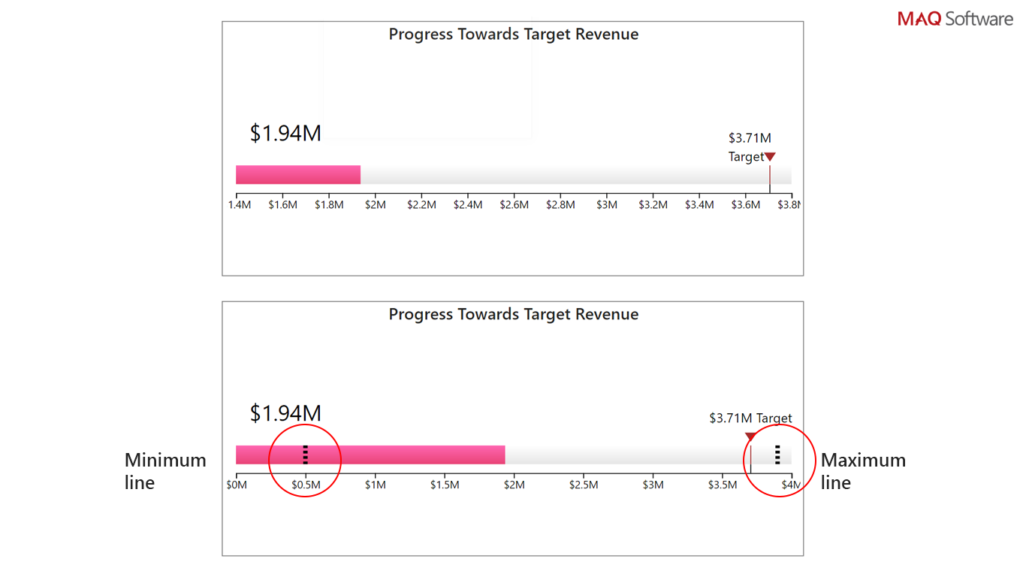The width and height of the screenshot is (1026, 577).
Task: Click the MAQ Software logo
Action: (x=955, y=19)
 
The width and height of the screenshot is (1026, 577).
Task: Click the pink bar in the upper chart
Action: (x=298, y=174)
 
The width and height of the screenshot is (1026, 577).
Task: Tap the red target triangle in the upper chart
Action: (x=770, y=157)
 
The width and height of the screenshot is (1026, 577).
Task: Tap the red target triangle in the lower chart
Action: (x=750, y=437)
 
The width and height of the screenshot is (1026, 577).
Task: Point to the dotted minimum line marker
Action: (x=305, y=455)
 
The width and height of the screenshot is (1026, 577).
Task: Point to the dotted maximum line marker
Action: (x=777, y=455)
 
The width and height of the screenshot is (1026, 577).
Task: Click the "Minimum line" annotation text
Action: (x=165, y=471)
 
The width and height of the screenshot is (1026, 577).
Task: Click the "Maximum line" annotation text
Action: (x=862, y=471)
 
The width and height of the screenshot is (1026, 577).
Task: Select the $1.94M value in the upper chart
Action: (x=285, y=133)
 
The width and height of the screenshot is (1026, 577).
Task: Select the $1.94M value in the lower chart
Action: (x=285, y=413)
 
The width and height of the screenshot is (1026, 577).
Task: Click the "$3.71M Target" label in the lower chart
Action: (x=750, y=418)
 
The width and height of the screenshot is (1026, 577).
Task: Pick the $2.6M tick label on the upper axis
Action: (x=515, y=205)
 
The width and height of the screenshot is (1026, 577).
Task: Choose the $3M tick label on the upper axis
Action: (x=607, y=205)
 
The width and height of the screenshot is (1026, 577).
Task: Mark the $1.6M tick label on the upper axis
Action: (x=282, y=205)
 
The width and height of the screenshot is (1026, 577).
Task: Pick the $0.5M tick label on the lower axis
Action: (x=306, y=485)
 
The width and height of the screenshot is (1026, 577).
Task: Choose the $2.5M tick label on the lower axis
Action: (x=584, y=485)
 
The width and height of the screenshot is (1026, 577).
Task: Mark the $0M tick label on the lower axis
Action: (x=237, y=485)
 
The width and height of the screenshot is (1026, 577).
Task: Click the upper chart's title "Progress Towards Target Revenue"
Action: (x=513, y=35)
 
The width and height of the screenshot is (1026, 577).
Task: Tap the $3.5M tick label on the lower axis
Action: (x=723, y=485)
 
